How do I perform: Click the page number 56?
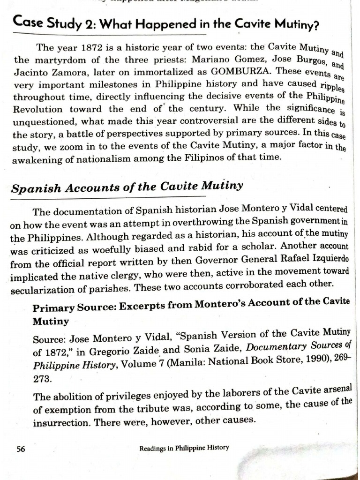(x=20, y=449)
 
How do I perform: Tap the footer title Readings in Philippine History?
(x=184, y=448)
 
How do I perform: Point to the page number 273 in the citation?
(x=41, y=377)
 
